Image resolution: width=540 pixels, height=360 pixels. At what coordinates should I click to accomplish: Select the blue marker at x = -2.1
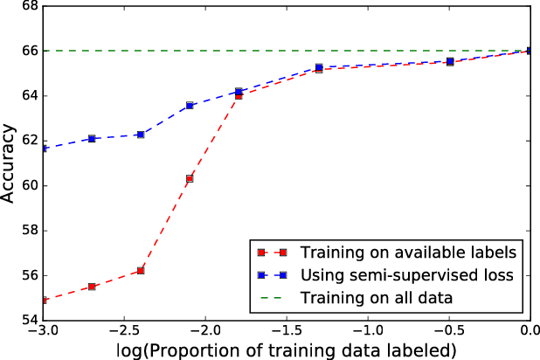[190, 105]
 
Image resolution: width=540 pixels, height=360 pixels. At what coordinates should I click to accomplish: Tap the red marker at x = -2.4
[141, 271]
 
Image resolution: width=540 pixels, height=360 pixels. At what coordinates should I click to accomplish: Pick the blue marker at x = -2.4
[141, 135]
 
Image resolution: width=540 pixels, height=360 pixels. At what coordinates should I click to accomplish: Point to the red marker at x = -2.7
[92, 287]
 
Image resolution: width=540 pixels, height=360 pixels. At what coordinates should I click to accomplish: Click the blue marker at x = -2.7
[92, 139]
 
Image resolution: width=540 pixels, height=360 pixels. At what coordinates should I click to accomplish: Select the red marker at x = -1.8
[239, 95]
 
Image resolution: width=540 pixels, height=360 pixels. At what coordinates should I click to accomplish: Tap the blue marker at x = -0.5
[450, 61]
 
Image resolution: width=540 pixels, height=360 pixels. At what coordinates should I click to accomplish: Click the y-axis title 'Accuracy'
[10, 163]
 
